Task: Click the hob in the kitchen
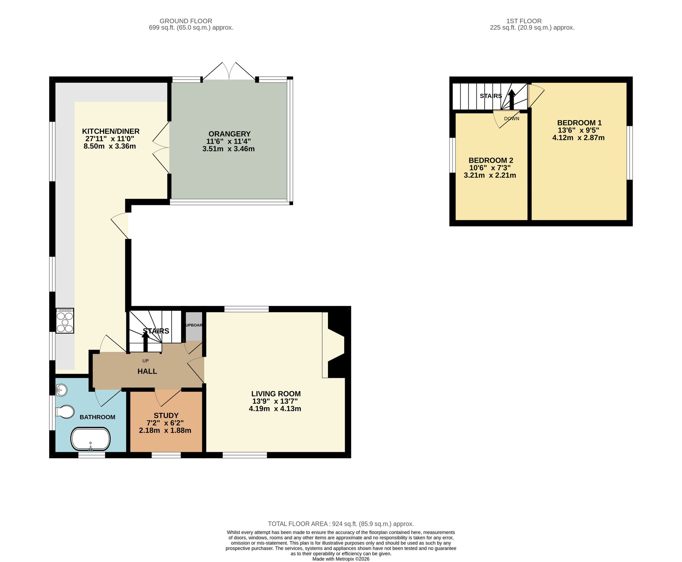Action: pos(65,321)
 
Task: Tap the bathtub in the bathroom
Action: pos(90,439)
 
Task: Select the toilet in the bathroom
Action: pos(65,412)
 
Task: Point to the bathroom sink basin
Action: pos(61,390)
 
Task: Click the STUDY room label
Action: pos(166,415)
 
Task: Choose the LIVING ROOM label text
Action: pos(276,394)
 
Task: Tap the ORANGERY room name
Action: pos(229,134)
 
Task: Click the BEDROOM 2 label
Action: pos(491,160)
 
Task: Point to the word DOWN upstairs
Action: pos(512,119)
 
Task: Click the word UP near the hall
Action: pos(146,361)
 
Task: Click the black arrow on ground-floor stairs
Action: pos(146,341)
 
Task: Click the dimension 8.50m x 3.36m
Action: pos(110,146)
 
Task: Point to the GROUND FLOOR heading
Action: pos(186,21)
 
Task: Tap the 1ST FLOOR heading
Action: pos(524,21)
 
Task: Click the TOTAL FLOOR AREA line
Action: pos(341,524)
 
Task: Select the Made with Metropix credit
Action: pos(341,559)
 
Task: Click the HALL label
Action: pos(147,371)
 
